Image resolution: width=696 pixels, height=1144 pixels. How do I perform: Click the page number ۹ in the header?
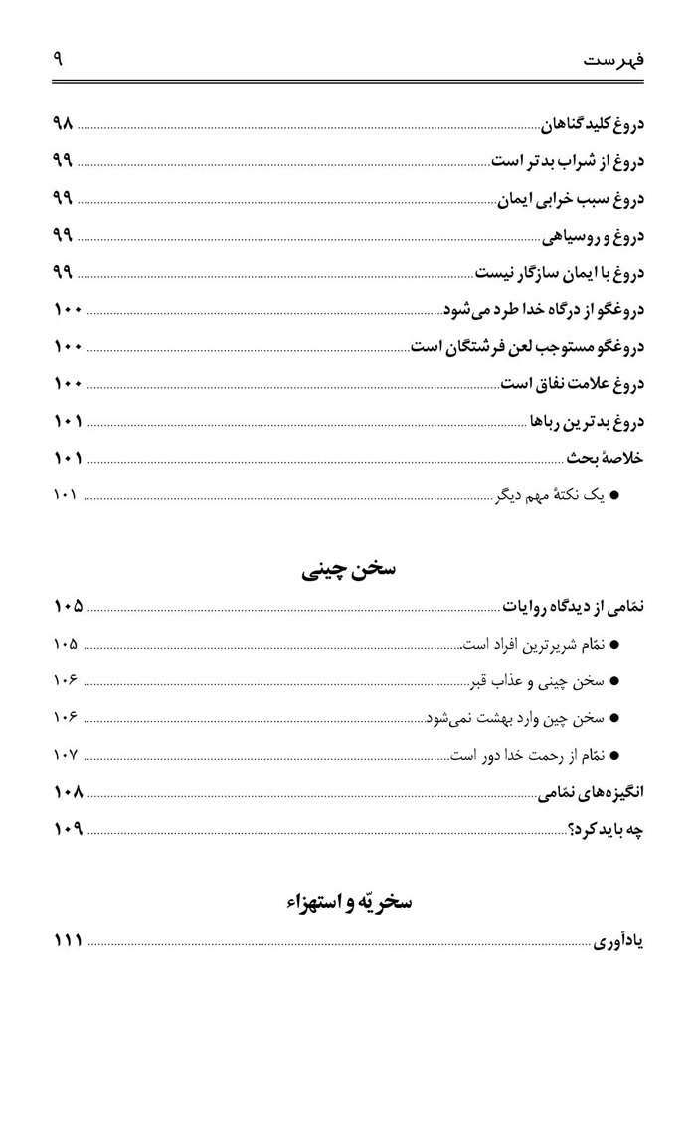click(58, 59)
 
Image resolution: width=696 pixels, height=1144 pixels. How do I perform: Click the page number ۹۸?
click(63, 125)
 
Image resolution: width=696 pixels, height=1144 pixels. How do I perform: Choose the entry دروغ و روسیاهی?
click(593, 236)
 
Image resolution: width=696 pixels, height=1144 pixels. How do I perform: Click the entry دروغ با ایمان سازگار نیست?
click(559, 273)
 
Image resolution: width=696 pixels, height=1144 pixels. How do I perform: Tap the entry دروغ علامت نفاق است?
click(572, 383)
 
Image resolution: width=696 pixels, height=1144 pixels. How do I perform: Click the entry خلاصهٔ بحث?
click(606, 458)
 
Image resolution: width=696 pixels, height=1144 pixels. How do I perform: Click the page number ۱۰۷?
click(66, 755)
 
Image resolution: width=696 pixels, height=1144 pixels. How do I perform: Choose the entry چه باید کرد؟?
click(606, 829)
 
